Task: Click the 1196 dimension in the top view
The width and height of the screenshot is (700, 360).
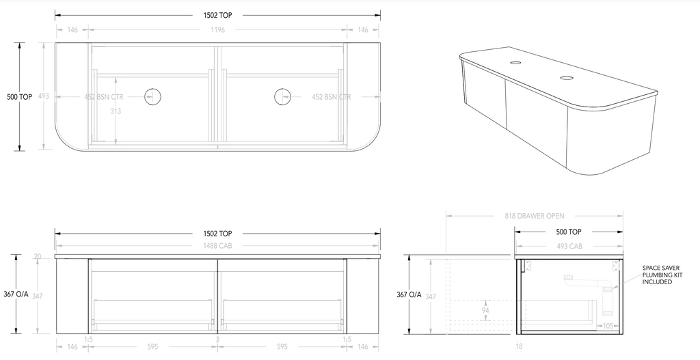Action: [x=218, y=30]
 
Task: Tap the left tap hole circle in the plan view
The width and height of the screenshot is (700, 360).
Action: [x=153, y=97]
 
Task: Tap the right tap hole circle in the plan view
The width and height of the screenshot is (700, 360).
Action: [x=282, y=97]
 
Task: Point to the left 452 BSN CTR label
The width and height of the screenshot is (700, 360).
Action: [x=104, y=97]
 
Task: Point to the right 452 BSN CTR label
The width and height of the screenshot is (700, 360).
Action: [x=331, y=97]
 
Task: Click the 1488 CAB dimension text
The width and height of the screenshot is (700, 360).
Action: [x=218, y=245]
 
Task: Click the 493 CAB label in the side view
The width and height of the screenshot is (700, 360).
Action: [x=569, y=245]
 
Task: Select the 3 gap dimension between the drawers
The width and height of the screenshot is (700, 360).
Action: [x=217, y=339]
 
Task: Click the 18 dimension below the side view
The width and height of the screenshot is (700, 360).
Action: [x=519, y=346]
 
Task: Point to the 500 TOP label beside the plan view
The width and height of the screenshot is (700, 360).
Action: [x=20, y=97]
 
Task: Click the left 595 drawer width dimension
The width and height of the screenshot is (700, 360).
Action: [x=152, y=346]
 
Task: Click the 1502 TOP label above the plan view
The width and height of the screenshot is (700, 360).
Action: [x=218, y=14]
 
